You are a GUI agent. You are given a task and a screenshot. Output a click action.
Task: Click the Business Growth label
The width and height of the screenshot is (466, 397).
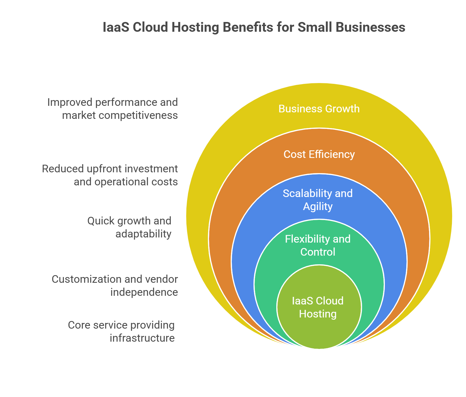319,109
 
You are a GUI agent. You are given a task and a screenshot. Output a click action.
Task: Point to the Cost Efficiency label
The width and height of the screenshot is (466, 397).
319,154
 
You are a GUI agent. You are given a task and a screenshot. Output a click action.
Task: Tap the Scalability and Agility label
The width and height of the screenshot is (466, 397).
318,200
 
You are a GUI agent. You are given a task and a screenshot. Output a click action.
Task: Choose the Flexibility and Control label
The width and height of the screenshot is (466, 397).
318,245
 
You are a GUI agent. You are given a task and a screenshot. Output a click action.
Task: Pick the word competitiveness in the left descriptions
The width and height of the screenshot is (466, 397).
138,115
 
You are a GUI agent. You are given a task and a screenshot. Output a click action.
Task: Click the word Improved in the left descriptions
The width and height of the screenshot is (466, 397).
70,102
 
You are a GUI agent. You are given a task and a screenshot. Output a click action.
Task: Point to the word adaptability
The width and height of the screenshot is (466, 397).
143,234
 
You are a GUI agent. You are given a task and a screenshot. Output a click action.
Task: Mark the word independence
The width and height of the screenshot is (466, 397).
144,292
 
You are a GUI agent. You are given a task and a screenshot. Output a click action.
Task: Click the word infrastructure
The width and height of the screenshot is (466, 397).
142,338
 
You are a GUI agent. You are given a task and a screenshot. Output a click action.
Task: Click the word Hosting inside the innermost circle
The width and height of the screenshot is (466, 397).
318,314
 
